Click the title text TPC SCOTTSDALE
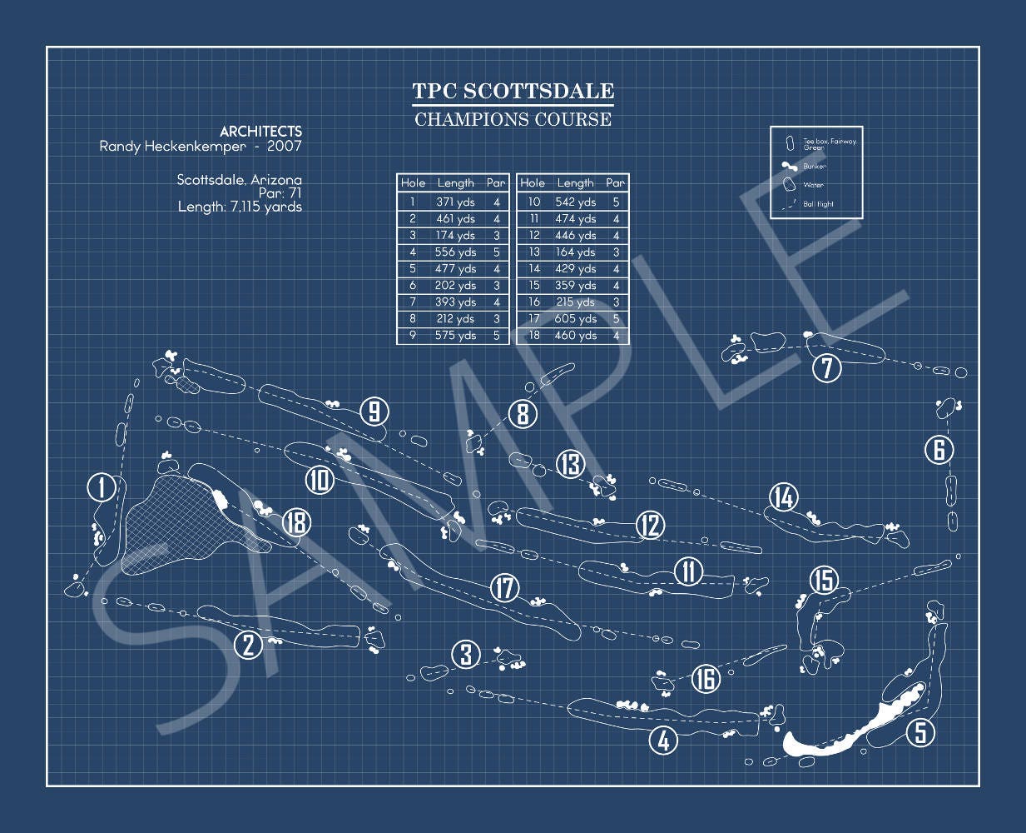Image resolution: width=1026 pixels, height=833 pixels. [x=513, y=91]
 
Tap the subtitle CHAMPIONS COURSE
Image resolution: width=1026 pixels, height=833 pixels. [x=513, y=119]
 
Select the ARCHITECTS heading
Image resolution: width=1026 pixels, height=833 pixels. [x=260, y=132]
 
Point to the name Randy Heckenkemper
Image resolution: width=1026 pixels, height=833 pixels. [x=173, y=147]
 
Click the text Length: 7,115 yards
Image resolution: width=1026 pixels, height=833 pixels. [x=240, y=207]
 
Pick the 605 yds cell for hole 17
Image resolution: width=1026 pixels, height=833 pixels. [x=575, y=319]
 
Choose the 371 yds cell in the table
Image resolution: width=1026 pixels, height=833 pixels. [x=455, y=202]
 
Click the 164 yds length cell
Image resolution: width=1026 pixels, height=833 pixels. [x=575, y=252]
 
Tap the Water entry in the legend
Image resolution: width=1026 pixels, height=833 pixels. [x=813, y=185]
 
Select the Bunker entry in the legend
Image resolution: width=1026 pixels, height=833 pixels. [x=814, y=167]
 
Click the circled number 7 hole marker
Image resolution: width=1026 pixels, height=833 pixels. [x=826, y=368]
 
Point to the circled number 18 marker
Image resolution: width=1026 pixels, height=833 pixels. [x=295, y=522]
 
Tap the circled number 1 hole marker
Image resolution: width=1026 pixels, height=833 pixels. [x=102, y=487]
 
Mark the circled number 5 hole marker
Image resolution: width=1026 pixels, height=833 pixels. [x=920, y=732]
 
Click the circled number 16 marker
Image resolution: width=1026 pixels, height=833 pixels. [x=706, y=679]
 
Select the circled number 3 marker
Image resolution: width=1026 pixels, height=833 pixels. [x=466, y=655]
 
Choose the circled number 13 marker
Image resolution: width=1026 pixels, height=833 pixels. [x=570, y=464]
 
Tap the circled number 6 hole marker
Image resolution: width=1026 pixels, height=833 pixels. [x=939, y=450]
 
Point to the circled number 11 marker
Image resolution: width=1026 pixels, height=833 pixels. [x=688, y=571]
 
